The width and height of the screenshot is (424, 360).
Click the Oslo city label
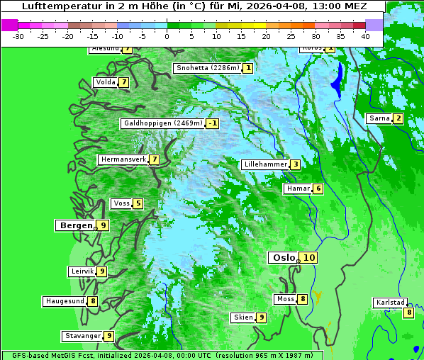283,258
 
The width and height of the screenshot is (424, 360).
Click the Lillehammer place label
265,164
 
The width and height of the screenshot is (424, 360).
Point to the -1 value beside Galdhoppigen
211,123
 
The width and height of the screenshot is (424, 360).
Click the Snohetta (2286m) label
208,68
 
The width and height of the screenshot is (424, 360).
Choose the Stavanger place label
82,336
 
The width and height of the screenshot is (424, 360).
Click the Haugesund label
65,301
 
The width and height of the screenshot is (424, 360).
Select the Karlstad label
389,303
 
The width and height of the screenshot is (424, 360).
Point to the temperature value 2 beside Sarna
398,118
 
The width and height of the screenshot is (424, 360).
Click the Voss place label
121,203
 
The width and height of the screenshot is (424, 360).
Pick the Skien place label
243,317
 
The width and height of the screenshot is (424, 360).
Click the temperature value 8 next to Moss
302,299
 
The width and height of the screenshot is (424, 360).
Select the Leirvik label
82,271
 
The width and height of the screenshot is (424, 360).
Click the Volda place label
105,82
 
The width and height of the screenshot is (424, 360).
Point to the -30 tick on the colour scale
18,36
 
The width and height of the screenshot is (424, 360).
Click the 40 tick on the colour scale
365,36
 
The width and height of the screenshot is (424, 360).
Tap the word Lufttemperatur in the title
55,6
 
